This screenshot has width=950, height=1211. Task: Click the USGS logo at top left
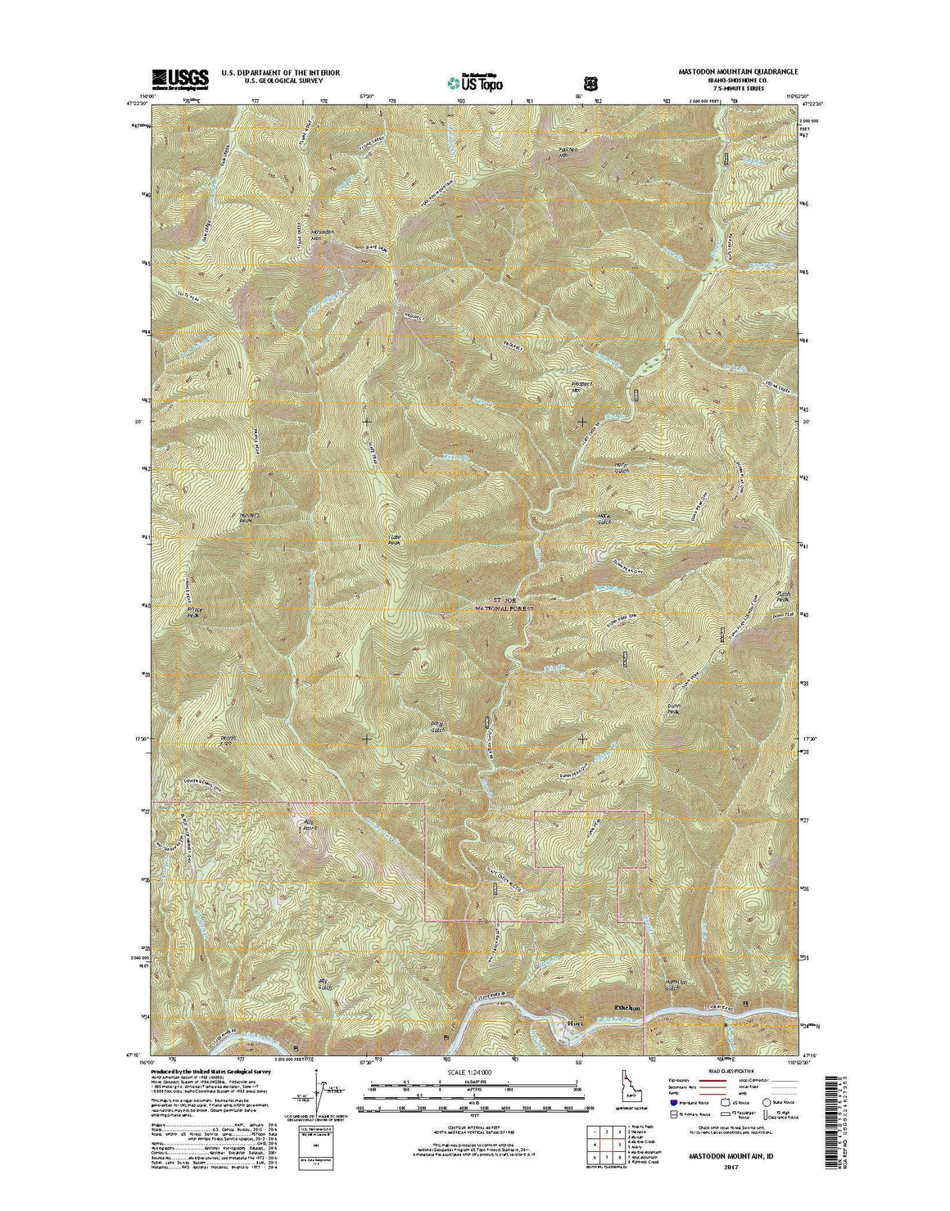pos(179,79)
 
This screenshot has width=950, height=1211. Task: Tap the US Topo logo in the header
pos(474,81)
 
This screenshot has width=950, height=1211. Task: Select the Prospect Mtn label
pos(581,387)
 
